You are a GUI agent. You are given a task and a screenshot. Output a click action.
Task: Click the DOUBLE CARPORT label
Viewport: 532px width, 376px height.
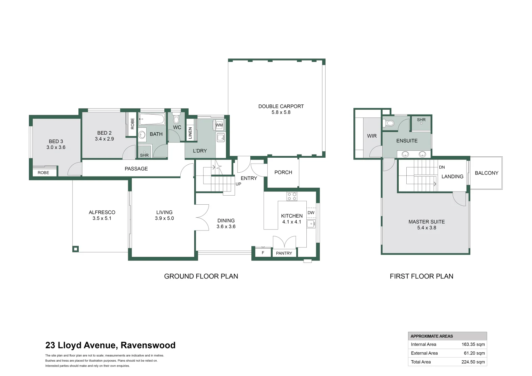(281, 106)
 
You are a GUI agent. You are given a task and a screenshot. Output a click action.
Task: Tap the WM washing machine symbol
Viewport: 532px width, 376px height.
(219, 125)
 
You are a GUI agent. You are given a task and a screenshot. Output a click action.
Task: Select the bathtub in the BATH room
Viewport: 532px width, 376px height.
(152, 119)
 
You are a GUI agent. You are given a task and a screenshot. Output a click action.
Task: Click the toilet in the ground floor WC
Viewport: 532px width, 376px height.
(176, 118)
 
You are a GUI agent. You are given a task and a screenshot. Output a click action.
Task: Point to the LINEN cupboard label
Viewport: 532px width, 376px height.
(190, 133)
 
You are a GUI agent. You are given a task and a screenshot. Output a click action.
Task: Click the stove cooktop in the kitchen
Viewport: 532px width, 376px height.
(292, 196)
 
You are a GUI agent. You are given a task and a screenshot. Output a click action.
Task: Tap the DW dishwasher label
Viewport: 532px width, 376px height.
(311, 212)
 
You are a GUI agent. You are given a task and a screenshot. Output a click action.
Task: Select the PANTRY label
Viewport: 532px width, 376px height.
(284, 253)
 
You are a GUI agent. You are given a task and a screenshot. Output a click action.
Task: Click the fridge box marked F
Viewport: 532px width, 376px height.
(263, 252)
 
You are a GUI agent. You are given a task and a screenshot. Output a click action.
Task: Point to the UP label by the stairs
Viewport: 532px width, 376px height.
(238, 184)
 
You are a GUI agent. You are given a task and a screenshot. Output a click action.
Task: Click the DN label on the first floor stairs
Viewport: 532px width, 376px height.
(442, 167)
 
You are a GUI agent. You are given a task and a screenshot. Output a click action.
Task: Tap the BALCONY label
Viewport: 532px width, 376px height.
(486, 173)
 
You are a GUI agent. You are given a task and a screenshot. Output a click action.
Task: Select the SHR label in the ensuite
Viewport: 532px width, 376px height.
(421, 120)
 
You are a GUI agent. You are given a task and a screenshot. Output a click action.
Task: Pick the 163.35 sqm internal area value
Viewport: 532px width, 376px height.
(473, 344)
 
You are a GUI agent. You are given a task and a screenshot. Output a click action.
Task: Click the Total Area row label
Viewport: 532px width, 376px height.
(421, 362)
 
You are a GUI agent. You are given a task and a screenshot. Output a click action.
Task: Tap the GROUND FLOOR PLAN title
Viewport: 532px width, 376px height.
(201, 276)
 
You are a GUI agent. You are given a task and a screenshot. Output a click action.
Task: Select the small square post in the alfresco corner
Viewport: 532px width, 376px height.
(76, 249)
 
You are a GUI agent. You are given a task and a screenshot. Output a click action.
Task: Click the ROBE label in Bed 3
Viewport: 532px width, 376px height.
(44, 173)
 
